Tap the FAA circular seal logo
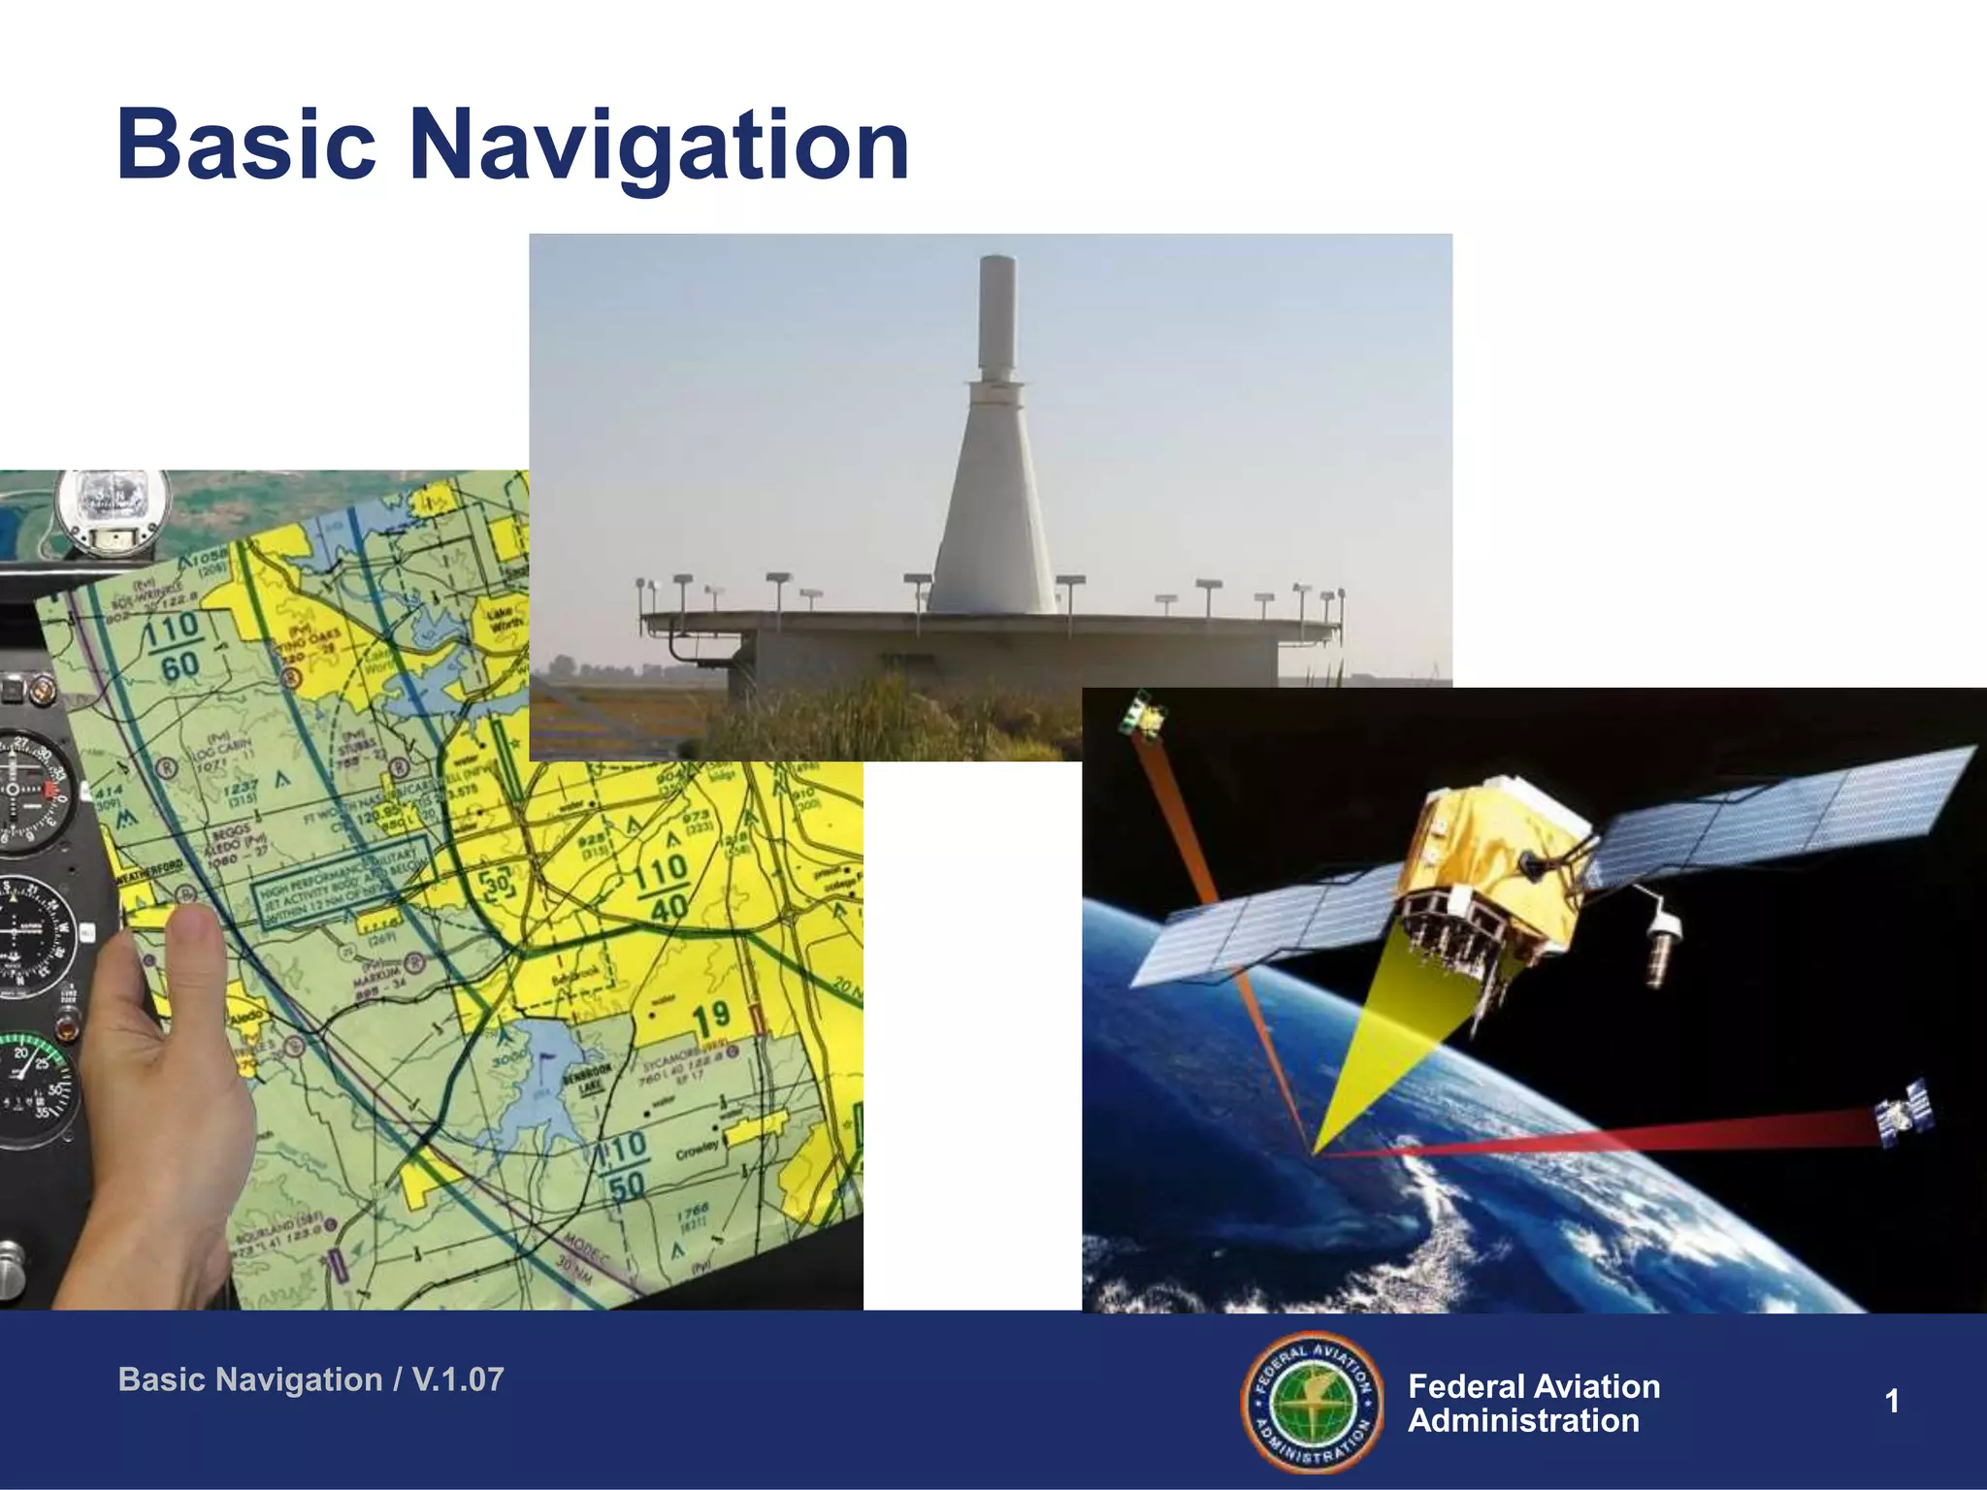point(1313,1401)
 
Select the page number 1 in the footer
point(1891,1401)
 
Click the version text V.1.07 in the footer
point(458,1379)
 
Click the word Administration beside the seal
point(1523,1421)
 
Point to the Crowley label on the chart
point(698,1150)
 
